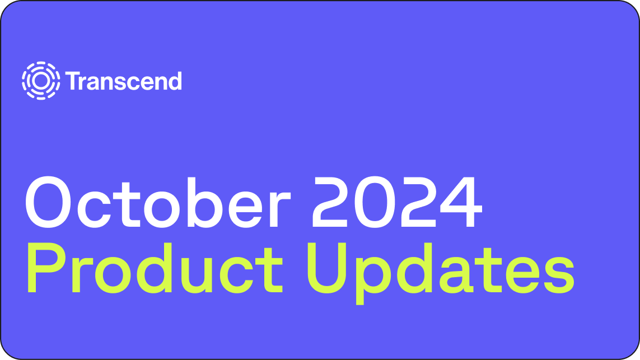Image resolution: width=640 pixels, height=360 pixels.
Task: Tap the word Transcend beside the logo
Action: (x=124, y=81)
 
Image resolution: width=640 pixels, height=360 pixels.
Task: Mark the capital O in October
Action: (x=52, y=202)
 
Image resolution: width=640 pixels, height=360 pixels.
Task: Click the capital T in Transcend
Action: (x=72, y=81)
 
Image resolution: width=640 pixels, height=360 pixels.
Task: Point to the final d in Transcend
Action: (x=175, y=81)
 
